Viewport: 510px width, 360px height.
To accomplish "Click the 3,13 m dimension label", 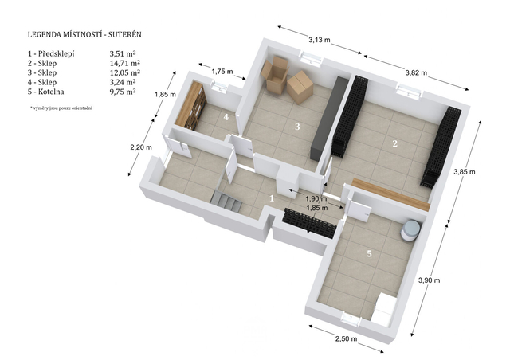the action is pos(320,40).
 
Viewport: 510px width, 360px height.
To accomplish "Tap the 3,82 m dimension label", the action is pos(416,72).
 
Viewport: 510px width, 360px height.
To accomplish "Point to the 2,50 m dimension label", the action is pos(346,338).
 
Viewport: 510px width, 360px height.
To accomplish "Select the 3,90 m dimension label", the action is pos(429,280).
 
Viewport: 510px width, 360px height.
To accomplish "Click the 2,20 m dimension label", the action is pos(141,147).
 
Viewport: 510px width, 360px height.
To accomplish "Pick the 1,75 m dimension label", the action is pos(222,72).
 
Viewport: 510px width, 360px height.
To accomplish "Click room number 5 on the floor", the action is pos(369,253).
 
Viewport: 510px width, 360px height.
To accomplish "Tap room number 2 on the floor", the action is pos(395,143).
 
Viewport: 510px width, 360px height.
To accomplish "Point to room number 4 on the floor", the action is pos(226,117).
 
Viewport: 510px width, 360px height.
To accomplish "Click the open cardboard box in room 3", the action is pos(275,75).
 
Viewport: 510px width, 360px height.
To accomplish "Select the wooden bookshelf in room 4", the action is pos(190,105).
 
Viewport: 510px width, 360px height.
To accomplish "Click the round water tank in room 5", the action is pos(411,230).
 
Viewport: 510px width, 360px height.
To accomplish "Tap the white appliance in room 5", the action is pos(384,309).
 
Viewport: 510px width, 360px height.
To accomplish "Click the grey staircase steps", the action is pos(226,202).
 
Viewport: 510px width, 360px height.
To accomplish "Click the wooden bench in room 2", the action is pos(391,194).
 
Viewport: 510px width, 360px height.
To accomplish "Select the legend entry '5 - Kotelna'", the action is pos(46,92).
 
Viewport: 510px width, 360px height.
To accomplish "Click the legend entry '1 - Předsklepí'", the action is pos(51,53).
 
